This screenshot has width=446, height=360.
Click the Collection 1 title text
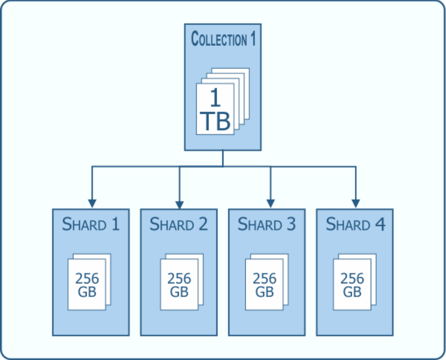pyautogui.click(x=223, y=39)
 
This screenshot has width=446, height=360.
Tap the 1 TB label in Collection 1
pyautogui.click(x=215, y=110)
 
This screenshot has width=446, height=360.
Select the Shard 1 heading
pyautogui.click(x=91, y=224)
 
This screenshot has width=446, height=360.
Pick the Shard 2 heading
pyautogui.click(x=179, y=224)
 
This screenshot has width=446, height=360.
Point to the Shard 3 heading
pyautogui.click(x=267, y=224)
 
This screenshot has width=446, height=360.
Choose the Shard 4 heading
pyautogui.click(x=355, y=224)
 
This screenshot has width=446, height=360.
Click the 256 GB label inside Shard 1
pyautogui.click(x=87, y=285)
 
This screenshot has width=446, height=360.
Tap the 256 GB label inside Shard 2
pyautogui.click(x=179, y=285)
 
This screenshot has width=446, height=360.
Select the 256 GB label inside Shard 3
pyautogui.click(x=265, y=285)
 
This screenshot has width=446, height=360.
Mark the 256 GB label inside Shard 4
pyautogui.click(x=352, y=285)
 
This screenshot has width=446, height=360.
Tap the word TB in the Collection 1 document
pyautogui.click(x=215, y=121)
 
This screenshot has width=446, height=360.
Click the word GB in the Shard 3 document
pyautogui.click(x=265, y=292)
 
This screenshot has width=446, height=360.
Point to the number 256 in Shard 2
pyautogui.click(x=179, y=278)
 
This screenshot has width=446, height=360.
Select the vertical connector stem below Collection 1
pyautogui.click(x=223, y=158)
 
